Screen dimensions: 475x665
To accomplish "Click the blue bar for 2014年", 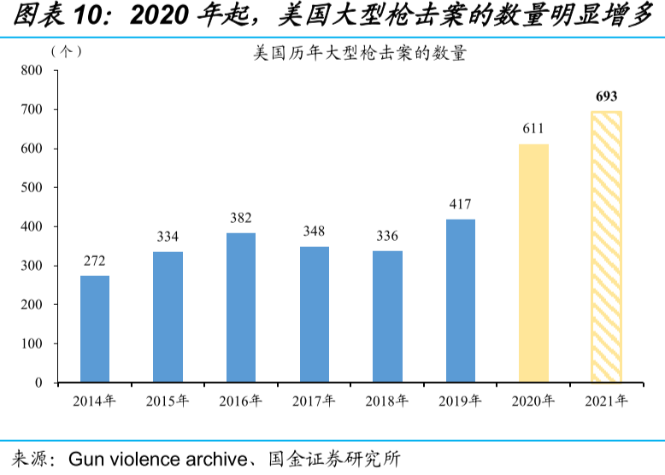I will (x=95, y=329).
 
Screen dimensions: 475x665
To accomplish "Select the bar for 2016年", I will (x=241, y=308).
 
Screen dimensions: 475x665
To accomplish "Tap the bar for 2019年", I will (x=460, y=301).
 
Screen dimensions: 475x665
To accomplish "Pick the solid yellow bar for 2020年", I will (x=533, y=263).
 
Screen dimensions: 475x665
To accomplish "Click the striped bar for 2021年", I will (x=606, y=247).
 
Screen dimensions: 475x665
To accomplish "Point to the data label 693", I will (x=606, y=96).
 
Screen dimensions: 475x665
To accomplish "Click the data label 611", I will (x=533, y=129).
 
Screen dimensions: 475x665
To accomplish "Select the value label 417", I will (x=460, y=204).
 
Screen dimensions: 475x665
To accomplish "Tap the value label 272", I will (x=95, y=261).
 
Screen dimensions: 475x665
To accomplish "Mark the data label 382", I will (x=241, y=218).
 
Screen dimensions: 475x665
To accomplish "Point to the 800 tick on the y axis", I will (x=32, y=71).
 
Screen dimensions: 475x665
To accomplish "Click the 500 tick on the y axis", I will (x=32, y=188).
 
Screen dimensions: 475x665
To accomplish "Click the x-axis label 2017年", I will (x=314, y=401).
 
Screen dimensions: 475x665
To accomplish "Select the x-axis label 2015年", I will (x=168, y=401).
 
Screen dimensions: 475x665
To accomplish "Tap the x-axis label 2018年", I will (x=387, y=401).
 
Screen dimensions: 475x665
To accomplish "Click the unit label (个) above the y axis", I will (x=66, y=51).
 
